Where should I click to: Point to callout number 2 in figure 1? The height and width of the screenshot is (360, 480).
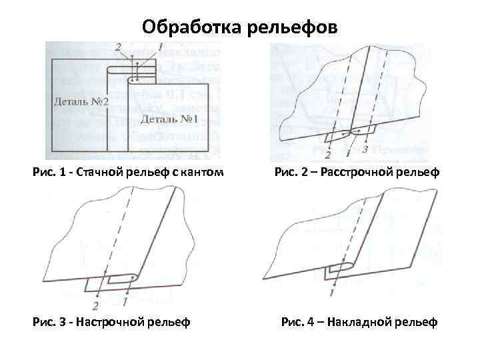pyautogui.click(x=118, y=47)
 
